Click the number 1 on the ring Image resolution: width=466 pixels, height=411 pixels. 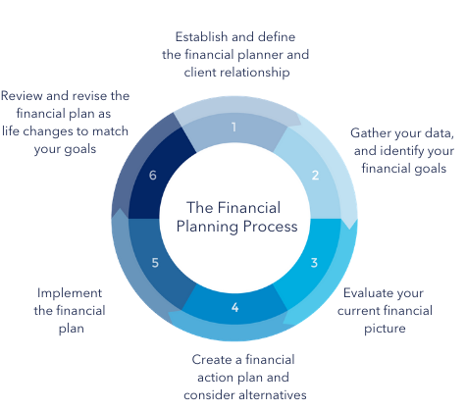pos(233,127)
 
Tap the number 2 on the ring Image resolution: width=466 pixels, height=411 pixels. pos(315,176)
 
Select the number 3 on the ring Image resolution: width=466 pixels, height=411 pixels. pos(314,263)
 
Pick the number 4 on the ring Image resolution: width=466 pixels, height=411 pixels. pos(234,307)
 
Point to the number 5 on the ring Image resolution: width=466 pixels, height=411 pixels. pos(155,263)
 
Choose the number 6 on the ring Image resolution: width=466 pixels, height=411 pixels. pos(153,176)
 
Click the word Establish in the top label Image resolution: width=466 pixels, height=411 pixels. pos(201,37)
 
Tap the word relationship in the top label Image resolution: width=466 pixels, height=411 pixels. pos(256,73)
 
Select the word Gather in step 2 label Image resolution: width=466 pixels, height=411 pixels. pos(369,133)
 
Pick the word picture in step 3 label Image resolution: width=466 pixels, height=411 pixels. pos(385,329)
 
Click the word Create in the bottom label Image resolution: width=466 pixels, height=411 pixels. pos(211,360)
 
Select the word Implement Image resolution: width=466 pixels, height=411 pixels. pos(70,293)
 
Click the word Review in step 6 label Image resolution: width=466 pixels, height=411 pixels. pos(22,96)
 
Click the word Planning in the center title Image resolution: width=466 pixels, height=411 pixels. pos(207,227)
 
